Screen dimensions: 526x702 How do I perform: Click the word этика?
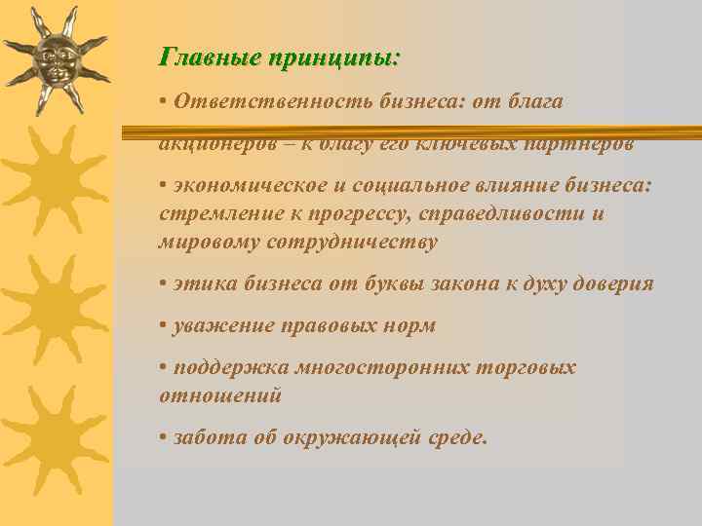199,283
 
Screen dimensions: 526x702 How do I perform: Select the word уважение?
218,326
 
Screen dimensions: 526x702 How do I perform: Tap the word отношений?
220,395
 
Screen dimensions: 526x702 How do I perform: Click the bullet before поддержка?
163,368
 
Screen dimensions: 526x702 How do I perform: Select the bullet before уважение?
163,326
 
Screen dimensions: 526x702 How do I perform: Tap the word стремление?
213,213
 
